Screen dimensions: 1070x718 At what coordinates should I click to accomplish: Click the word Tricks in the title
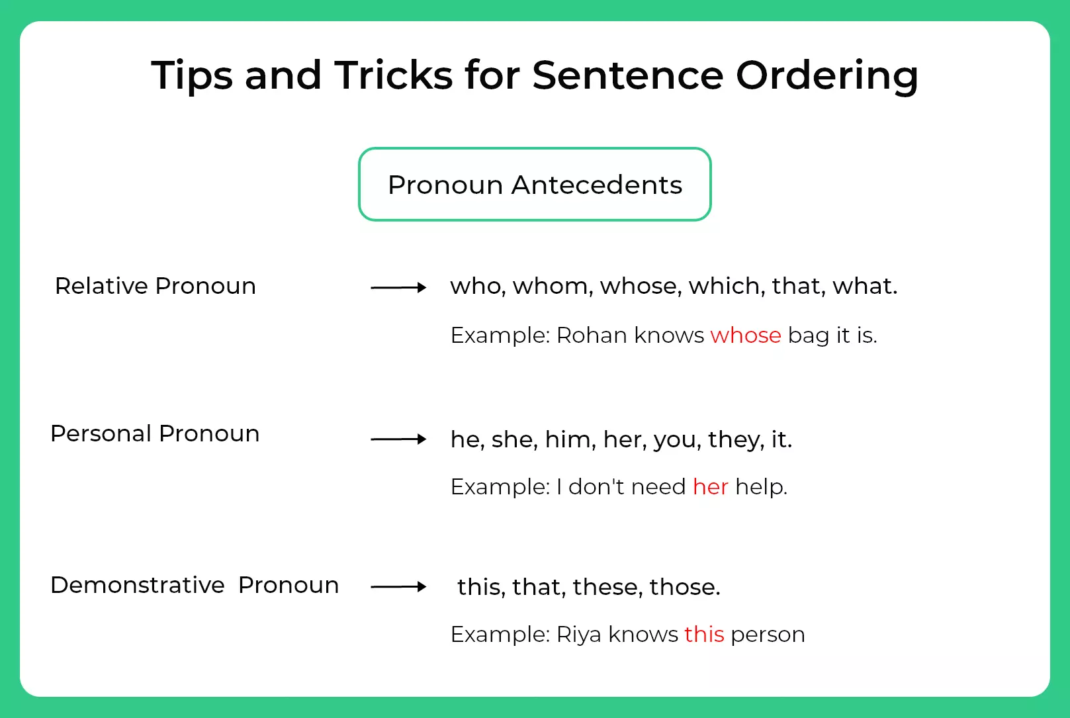click(x=393, y=75)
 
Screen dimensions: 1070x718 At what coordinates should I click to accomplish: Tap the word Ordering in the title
click(x=827, y=77)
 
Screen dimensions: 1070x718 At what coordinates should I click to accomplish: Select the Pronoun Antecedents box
click(x=535, y=185)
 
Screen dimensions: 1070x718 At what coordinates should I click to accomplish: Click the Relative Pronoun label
click(x=156, y=286)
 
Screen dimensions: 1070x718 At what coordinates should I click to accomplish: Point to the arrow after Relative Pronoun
click(x=398, y=287)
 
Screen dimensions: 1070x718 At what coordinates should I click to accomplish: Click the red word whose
click(x=746, y=335)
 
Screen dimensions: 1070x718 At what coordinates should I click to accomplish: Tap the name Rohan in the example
click(x=592, y=335)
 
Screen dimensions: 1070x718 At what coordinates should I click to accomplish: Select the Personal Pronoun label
click(x=155, y=433)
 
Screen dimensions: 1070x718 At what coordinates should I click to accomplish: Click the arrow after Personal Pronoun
click(x=398, y=439)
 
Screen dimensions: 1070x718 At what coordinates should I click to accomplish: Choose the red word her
click(x=710, y=487)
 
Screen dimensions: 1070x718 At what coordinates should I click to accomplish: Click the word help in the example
click(x=761, y=487)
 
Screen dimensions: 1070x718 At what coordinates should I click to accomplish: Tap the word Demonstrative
click(x=138, y=585)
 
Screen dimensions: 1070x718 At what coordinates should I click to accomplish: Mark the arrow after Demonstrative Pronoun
click(x=398, y=586)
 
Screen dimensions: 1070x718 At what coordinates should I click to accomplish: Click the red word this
click(x=704, y=635)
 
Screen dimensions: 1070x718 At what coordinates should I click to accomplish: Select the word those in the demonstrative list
click(x=684, y=586)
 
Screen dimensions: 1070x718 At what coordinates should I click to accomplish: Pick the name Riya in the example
click(x=578, y=635)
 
